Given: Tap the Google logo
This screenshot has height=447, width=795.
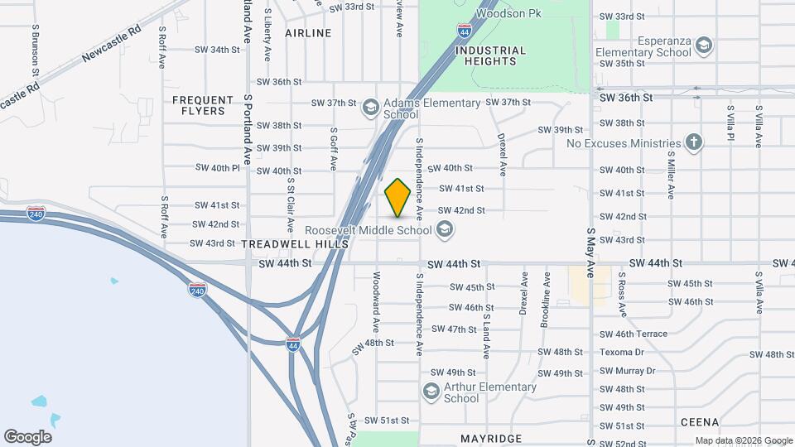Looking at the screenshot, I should (27, 437).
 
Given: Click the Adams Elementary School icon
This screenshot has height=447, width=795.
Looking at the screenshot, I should (371, 108).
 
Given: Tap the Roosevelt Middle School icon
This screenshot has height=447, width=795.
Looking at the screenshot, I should (445, 229).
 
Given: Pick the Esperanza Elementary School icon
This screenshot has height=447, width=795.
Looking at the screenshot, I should (704, 44).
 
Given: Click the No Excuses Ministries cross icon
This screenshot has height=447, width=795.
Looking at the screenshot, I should (694, 143).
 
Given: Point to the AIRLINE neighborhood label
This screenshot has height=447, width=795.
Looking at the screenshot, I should (308, 33).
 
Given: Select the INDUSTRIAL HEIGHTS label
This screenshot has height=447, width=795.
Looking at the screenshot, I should (490, 56).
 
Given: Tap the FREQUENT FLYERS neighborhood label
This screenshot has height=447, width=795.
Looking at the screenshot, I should (199, 105).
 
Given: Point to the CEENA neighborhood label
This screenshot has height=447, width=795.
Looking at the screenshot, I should (700, 422).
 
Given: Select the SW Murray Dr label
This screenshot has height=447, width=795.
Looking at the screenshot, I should (627, 371).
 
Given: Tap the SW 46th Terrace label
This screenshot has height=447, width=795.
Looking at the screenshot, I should (634, 334).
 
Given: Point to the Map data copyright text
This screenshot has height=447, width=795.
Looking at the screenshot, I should (743, 440).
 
